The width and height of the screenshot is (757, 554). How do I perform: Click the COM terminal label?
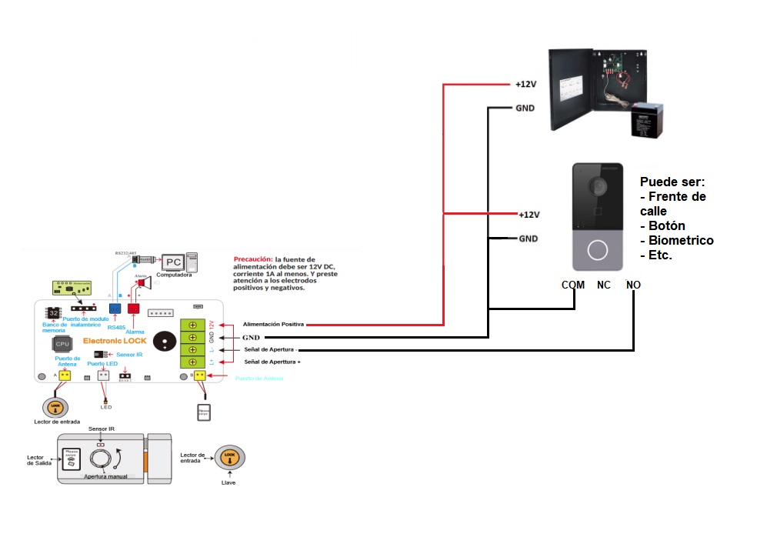573,285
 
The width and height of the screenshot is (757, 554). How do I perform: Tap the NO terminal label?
633,285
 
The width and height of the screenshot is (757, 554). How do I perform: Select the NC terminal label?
604,285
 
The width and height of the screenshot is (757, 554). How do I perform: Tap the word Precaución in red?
254,259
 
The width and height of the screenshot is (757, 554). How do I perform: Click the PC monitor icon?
172,262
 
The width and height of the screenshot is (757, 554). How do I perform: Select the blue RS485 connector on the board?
115,309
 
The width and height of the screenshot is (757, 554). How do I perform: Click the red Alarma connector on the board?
133,309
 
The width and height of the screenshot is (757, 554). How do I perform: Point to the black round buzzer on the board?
163,342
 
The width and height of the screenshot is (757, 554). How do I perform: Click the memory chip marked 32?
54,313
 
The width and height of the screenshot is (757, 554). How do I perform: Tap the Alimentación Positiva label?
273,325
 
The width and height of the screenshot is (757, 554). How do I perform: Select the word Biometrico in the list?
681,240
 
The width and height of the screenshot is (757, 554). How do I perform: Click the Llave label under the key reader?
228,482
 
